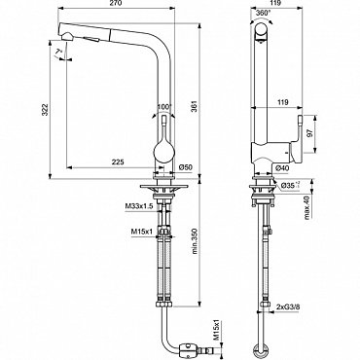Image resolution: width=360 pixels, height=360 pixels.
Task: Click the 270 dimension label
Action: tap(117, 3)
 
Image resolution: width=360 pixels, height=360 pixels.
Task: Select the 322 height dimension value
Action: tap(45, 110)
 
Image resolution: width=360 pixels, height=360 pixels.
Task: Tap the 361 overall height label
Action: tap(195, 106)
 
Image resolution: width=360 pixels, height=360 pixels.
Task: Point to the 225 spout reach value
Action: tap(118, 162)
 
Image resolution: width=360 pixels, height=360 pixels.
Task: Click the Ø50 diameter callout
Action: tap(186, 167)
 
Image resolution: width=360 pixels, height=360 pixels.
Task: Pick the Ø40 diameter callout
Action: tap(281, 167)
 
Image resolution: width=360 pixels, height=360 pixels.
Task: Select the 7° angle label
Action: tap(58, 52)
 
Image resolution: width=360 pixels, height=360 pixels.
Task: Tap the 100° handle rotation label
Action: tap(164, 107)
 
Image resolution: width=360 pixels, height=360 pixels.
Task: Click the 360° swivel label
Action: tap(263, 13)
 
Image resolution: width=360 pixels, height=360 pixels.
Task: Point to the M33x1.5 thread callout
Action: tap(139, 205)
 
